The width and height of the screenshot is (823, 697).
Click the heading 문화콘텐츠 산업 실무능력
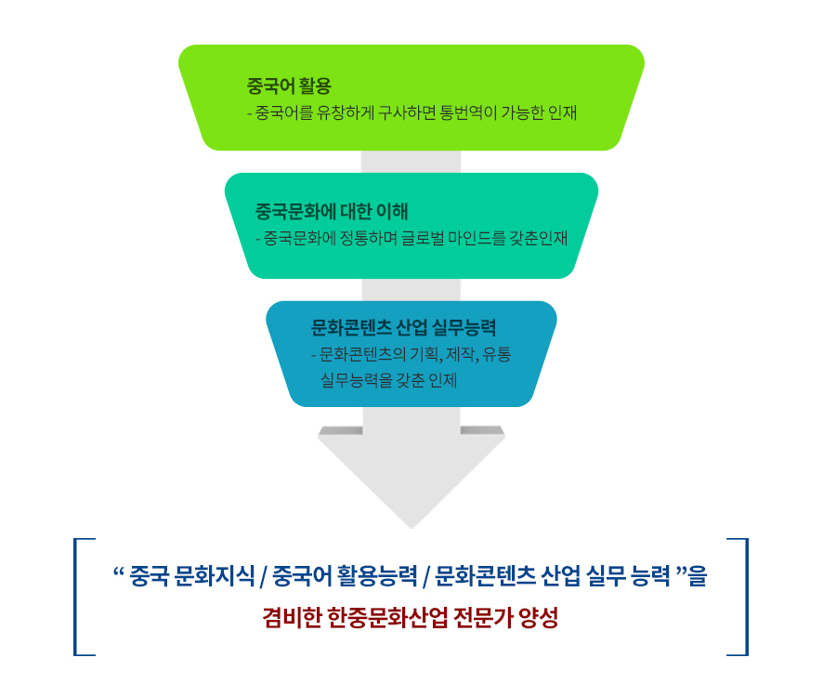pos(403,327)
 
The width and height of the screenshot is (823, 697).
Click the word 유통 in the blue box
pos(498,355)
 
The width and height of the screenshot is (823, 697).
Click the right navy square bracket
pos(743,596)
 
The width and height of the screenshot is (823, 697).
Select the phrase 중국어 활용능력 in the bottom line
pos(343,577)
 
